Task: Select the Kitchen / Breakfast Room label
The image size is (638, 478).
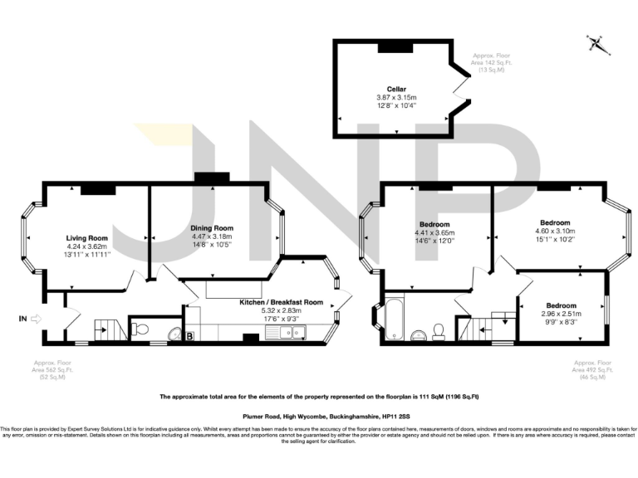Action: coord(281,303)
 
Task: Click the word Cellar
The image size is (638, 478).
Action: coord(396,89)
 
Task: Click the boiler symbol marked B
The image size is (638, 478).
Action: coord(189,336)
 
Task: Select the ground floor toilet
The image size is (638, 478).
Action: coord(140,329)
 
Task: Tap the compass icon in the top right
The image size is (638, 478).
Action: coord(595,43)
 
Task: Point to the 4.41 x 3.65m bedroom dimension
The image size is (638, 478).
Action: coord(434,233)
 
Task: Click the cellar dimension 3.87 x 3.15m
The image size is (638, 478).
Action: coord(395,97)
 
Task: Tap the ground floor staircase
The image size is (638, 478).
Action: coord(104,329)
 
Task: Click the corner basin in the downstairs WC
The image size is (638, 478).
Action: coord(175,334)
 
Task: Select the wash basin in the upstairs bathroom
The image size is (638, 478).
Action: coord(419,336)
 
